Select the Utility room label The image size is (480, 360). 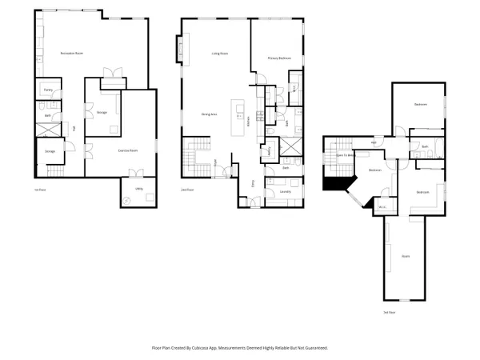(138, 190)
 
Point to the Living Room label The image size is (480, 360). (219, 53)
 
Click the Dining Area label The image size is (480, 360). (210, 114)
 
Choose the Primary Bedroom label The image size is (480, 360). (278, 58)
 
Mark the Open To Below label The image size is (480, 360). (345, 154)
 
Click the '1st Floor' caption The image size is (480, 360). (40, 190)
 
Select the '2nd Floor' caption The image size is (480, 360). (186, 190)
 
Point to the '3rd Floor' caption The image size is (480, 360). (390, 312)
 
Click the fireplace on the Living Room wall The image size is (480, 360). (182, 47)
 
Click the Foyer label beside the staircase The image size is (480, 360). (217, 163)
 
